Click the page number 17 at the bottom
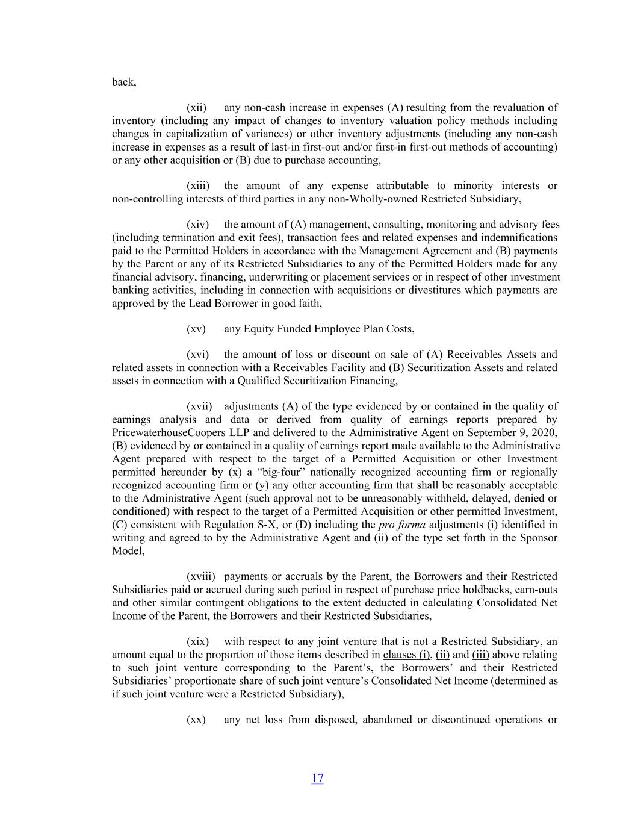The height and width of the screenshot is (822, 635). click(x=317, y=778)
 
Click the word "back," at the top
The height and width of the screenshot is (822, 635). click(x=124, y=82)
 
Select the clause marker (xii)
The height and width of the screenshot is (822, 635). click(x=196, y=108)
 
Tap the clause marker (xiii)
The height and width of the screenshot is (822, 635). click(x=198, y=186)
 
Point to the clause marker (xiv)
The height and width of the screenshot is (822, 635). click(x=197, y=225)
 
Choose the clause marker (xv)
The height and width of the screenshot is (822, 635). click(x=196, y=329)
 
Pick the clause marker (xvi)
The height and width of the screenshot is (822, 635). click(x=197, y=355)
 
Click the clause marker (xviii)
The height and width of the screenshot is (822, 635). click(x=201, y=576)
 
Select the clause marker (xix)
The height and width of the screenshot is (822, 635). click(x=197, y=641)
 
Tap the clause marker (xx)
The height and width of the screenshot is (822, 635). click(x=196, y=720)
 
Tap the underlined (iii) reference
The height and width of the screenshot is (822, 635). click(x=480, y=655)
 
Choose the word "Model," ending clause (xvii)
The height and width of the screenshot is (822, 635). click(x=128, y=550)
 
